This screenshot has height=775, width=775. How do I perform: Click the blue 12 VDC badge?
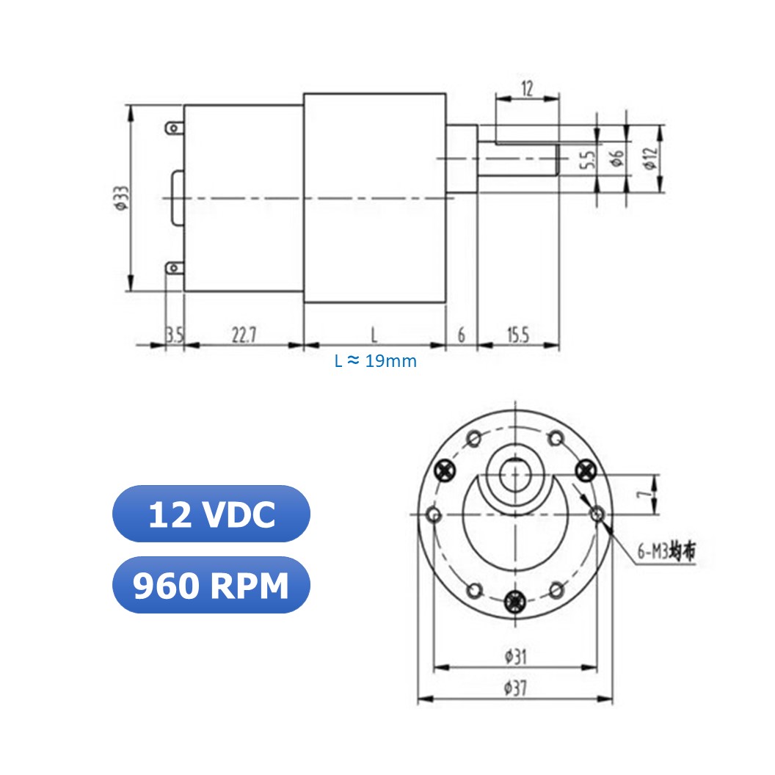point(211,514)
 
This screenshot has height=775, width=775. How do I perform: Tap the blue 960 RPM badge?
point(211,586)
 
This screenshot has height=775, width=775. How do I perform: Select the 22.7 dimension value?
point(244,335)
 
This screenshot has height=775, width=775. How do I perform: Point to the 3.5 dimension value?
point(174,335)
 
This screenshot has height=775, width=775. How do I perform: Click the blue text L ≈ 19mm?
point(375,361)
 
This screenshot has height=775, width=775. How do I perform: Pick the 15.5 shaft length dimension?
point(517,335)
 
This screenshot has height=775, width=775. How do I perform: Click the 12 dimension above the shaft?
point(527,90)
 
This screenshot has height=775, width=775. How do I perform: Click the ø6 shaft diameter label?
point(616,159)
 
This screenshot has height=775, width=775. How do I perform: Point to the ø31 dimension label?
point(516,657)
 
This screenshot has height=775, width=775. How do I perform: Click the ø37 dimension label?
point(516,688)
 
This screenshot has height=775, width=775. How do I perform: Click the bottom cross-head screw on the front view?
point(516,599)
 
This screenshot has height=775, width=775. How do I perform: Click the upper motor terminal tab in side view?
point(173,128)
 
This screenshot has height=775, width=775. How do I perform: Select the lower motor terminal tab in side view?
point(173,268)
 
